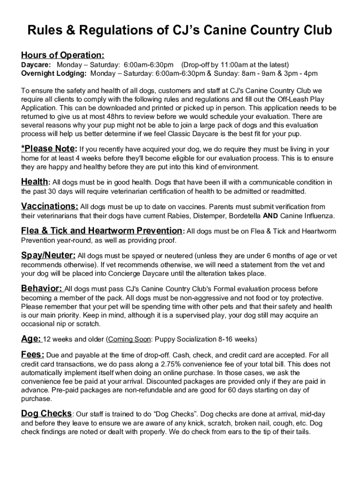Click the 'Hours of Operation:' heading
[x=62, y=55]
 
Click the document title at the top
[x=180, y=31]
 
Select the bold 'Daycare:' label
[x=36, y=65]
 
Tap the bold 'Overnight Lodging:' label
[x=54, y=73]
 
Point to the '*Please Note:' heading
[x=49, y=149]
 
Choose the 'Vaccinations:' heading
[x=50, y=206]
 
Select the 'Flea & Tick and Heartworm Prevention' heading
[x=101, y=231]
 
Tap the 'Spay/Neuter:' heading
[x=48, y=255]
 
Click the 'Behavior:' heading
[x=41, y=288]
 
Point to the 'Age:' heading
[x=31, y=338]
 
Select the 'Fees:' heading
[x=33, y=355]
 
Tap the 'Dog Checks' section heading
[x=46, y=414]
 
